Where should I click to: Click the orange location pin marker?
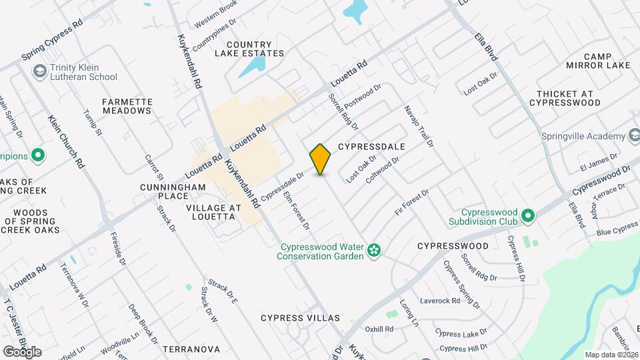[321, 159]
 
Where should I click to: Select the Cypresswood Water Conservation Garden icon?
[375, 251]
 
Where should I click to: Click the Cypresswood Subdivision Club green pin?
[529, 216]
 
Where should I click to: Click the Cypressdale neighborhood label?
[372, 146]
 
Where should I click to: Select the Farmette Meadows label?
[127, 106]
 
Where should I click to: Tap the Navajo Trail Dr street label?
[419, 125]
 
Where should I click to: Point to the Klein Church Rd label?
[65, 141]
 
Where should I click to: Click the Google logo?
[22, 351]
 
